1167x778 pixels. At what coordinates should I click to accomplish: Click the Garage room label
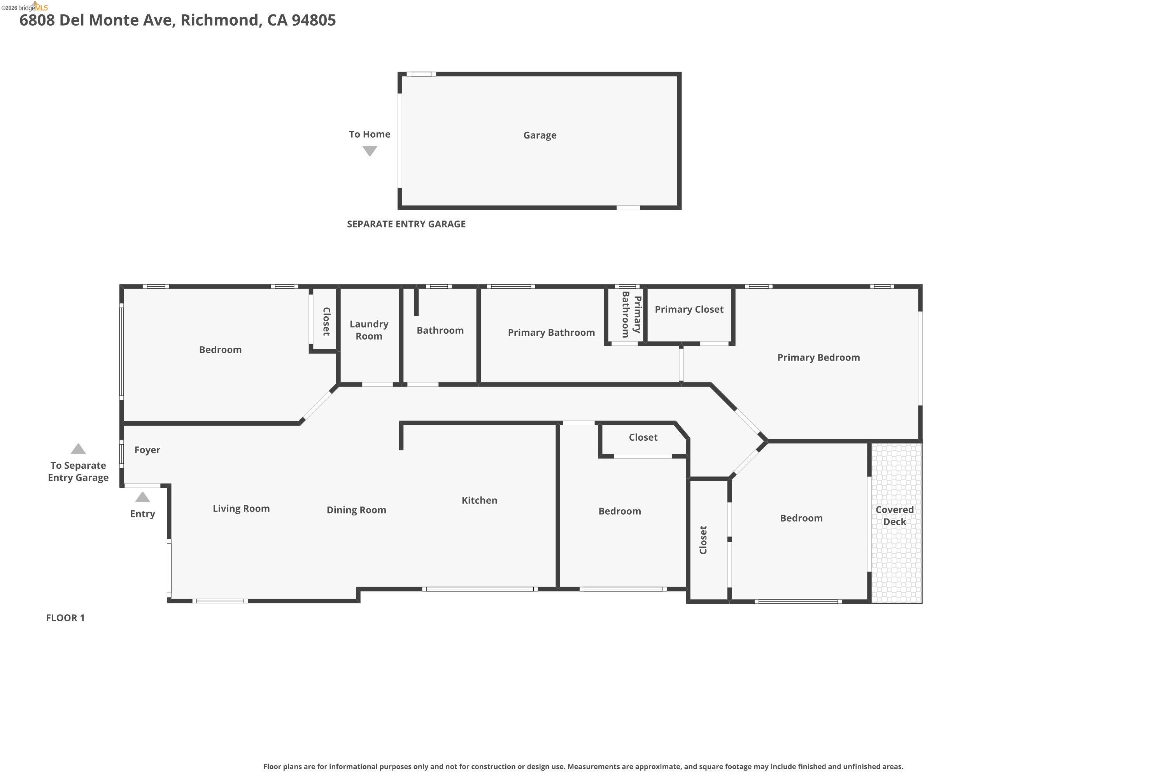pos(540,135)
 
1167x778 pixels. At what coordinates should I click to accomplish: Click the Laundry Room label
pos(369,330)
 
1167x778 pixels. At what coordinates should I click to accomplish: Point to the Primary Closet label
pos(689,310)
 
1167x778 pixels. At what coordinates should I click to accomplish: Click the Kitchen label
pos(479,500)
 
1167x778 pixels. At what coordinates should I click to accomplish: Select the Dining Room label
pos(356,510)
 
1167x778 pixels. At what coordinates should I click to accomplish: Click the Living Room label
pos(241,508)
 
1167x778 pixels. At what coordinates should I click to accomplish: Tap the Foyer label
pos(147,450)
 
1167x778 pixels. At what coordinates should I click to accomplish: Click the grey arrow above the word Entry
pos(142,497)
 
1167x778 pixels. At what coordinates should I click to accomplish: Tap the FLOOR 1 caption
pos(65,618)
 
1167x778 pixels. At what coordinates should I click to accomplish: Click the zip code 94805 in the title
pos(314,20)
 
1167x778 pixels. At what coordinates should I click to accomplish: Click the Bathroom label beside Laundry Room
pos(440,330)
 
